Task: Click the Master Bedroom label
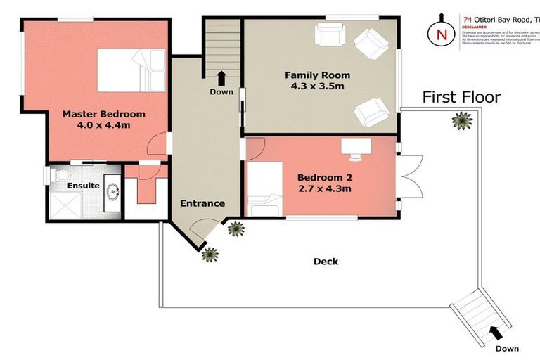(103, 114)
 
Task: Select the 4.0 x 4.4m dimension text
(103, 125)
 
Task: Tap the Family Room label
(317, 75)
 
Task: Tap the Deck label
(326, 262)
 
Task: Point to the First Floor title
(461, 97)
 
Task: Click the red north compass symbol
(442, 32)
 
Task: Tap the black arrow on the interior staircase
(221, 77)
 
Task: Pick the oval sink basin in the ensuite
(112, 191)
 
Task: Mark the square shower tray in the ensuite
(69, 205)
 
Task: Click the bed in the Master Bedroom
(131, 70)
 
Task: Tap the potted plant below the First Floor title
(461, 122)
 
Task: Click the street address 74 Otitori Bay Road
(502, 20)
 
